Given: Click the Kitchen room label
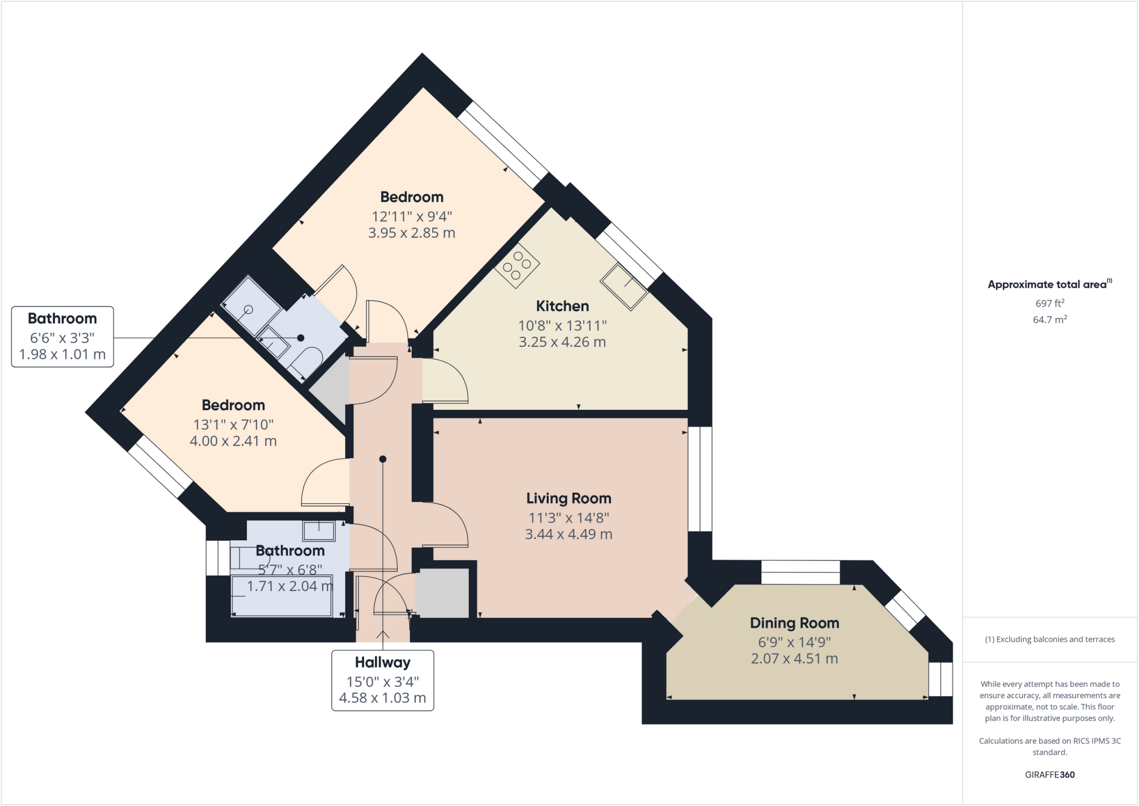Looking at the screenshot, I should click(x=562, y=306).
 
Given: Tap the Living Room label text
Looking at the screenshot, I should click(x=568, y=498).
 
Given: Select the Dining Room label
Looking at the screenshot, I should click(x=794, y=623).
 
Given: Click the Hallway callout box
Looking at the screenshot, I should click(x=383, y=680).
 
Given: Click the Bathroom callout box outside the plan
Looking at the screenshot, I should click(x=62, y=337).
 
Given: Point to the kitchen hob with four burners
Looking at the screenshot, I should click(x=517, y=265).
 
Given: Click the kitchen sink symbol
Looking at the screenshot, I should click(x=624, y=286).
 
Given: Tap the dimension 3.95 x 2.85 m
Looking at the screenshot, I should click(x=412, y=233).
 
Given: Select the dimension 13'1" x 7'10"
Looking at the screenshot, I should click(x=233, y=425).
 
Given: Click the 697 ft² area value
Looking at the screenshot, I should click(x=1049, y=303).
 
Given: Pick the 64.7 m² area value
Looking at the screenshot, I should click(x=1049, y=320).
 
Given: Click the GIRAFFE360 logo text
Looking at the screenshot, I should click(x=1049, y=774).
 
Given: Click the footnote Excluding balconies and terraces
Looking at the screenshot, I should click(x=1049, y=639).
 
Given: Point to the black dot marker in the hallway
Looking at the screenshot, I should click(x=383, y=459).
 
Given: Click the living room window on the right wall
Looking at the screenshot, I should click(x=700, y=479).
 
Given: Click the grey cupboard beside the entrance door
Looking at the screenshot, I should click(x=442, y=593).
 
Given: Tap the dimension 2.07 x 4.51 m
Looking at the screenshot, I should click(x=794, y=659).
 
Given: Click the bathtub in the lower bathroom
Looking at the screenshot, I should click(x=282, y=596).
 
